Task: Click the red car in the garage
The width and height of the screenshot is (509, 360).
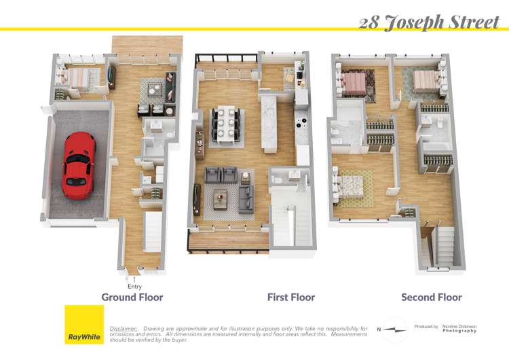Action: (79, 162)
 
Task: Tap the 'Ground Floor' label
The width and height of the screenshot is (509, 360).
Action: (132, 297)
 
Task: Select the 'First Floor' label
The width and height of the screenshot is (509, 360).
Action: (291, 297)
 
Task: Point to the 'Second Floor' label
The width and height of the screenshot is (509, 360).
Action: (432, 297)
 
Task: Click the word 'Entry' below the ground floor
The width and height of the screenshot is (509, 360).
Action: (134, 286)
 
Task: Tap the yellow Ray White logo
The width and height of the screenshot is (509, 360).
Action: (84, 325)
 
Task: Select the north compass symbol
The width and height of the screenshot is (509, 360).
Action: (393, 329)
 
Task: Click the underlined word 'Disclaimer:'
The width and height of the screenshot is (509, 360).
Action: (124, 328)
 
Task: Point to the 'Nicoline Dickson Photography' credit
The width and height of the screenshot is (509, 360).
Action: (459, 328)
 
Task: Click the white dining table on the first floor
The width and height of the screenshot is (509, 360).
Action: (223, 125)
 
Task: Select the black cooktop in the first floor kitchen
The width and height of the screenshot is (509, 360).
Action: (301, 124)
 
